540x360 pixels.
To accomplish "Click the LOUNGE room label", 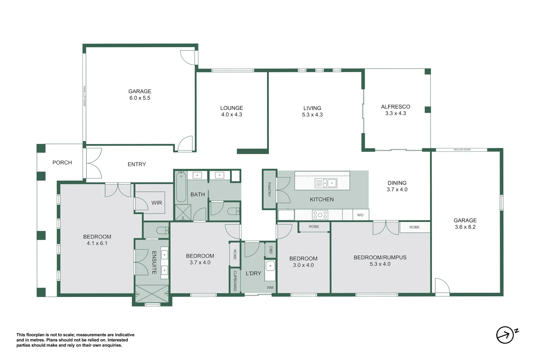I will tap(231, 108).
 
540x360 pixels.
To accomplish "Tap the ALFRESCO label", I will tap(395, 107).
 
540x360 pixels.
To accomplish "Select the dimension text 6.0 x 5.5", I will tap(140, 98).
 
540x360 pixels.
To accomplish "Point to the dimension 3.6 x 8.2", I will tap(465, 227).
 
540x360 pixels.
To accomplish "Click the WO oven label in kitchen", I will tap(360, 215).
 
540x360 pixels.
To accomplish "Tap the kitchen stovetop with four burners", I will tap(320, 215).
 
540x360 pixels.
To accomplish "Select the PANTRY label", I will tap(269, 189).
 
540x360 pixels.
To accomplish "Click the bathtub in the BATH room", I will tap(181, 187).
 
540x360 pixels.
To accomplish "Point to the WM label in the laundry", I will tap(270, 287).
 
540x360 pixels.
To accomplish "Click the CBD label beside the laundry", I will tap(271, 250).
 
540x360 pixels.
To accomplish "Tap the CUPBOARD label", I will tap(235, 281).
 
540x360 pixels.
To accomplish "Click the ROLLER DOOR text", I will tap(462, 150).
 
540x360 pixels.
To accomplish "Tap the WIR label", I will tap(157, 203).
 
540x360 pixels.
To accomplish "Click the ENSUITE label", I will tap(154, 263).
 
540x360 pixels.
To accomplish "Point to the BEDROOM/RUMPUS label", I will tap(380, 257).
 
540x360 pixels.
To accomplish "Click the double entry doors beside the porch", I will tap(94, 163).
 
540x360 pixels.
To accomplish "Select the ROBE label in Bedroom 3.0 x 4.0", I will tap(314, 227).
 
